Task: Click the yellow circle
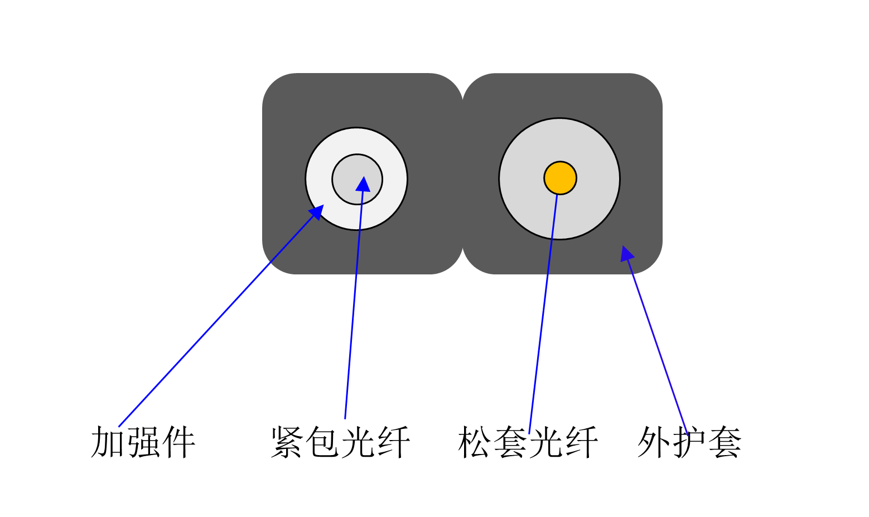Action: (x=560, y=175)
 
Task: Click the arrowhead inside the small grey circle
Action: (x=363, y=184)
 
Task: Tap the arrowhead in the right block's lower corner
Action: (x=626, y=253)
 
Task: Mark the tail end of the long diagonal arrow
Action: (x=119, y=427)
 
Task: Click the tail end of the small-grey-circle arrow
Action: (x=345, y=418)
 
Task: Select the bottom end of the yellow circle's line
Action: (x=529, y=433)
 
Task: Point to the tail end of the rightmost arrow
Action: (x=688, y=435)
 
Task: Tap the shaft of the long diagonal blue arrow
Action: (x=218, y=321)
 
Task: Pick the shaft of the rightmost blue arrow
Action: (x=658, y=346)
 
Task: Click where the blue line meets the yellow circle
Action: (x=557, y=194)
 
